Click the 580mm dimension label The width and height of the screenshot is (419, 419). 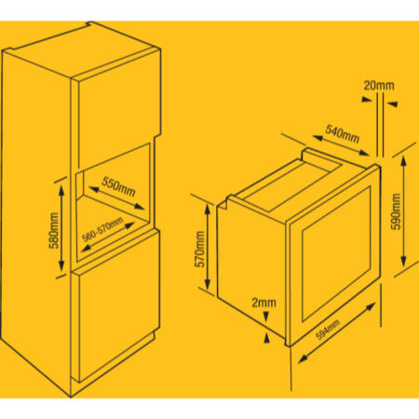tap(54, 230)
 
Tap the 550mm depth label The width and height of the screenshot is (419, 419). tap(118, 187)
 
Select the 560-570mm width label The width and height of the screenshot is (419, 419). tap(102, 229)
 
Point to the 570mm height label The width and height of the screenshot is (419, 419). tap(200, 250)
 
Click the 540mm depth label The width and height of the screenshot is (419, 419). tap(343, 134)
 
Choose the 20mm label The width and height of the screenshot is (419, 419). tap(379, 86)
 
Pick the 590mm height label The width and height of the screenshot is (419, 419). tap(396, 211)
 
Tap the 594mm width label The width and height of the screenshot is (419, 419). tap(328, 330)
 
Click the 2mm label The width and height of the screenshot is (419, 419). tap(264, 303)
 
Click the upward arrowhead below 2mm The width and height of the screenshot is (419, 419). tap(266, 338)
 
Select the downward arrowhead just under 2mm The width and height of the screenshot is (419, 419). tap(266, 318)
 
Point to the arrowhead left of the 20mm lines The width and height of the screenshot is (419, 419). tap(367, 100)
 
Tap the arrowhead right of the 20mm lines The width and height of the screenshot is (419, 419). tap(392, 104)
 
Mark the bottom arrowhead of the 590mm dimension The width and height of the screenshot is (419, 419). tap(403, 261)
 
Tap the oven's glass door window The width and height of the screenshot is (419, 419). tap(336, 254)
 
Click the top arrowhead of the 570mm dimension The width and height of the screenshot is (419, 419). tap(208, 209)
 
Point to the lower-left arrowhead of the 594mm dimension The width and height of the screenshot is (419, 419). tap(304, 358)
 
